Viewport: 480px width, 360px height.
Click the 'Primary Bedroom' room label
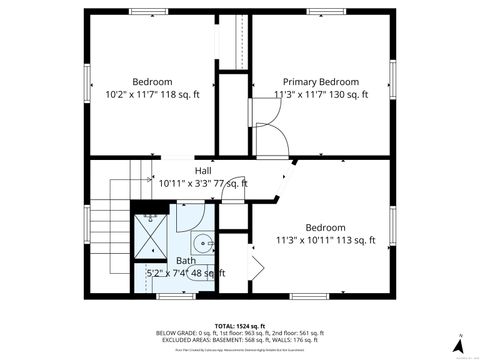point(320,82)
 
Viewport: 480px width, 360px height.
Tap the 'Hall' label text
point(203,171)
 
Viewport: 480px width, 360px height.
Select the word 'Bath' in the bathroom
point(186,260)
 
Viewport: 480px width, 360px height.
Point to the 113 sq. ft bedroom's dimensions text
point(325,240)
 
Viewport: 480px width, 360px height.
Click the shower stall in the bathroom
point(153,235)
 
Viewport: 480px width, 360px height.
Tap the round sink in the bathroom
point(202,243)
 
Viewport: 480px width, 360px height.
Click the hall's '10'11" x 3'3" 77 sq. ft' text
point(203,184)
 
